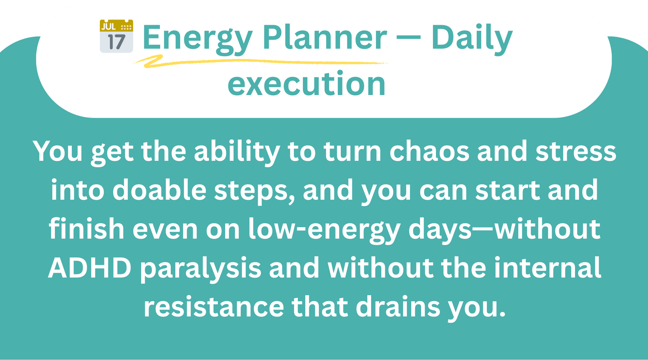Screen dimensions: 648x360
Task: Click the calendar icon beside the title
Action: point(116,36)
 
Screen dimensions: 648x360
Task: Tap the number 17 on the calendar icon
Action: point(117,42)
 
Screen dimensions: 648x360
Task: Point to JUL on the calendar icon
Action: point(108,27)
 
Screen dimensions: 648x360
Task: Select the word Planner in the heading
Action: point(324,37)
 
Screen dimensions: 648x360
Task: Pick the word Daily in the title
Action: point(472,39)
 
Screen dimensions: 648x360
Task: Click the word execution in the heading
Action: point(307,84)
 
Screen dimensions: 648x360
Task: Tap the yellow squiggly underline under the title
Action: point(260,61)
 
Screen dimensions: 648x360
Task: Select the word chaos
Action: point(429,151)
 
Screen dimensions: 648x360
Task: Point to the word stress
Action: point(576,152)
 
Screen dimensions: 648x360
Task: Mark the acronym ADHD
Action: point(90,268)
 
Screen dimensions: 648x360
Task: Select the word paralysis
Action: point(201,269)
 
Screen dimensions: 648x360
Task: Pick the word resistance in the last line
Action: point(214,307)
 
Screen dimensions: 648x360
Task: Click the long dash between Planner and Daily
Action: point(409,38)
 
